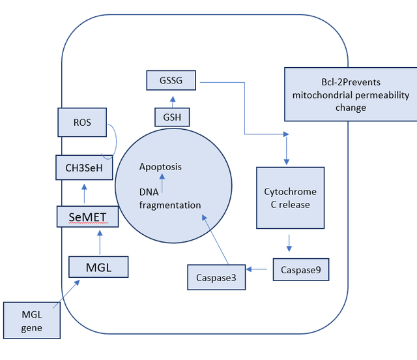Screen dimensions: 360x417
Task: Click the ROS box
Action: click(x=82, y=123)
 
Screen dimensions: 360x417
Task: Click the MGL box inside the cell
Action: click(x=98, y=267)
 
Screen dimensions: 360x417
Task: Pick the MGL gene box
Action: click(x=32, y=320)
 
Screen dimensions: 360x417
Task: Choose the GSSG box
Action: click(x=172, y=82)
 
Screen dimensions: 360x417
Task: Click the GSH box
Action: click(x=173, y=118)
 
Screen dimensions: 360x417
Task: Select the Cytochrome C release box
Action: click(x=290, y=198)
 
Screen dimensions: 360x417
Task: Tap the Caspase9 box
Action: click(x=300, y=269)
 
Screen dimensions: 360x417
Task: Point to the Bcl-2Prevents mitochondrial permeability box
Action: click(x=351, y=95)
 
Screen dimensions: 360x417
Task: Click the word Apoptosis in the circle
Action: click(x=160, y=167)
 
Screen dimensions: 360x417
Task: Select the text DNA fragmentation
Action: click(x=170, y=198)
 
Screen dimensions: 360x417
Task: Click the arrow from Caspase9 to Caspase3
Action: click(x=259, y=269)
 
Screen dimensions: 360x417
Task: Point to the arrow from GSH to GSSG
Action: click(x=173, y=101)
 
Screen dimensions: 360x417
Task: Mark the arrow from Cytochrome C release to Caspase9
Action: click(x=289, y=243)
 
